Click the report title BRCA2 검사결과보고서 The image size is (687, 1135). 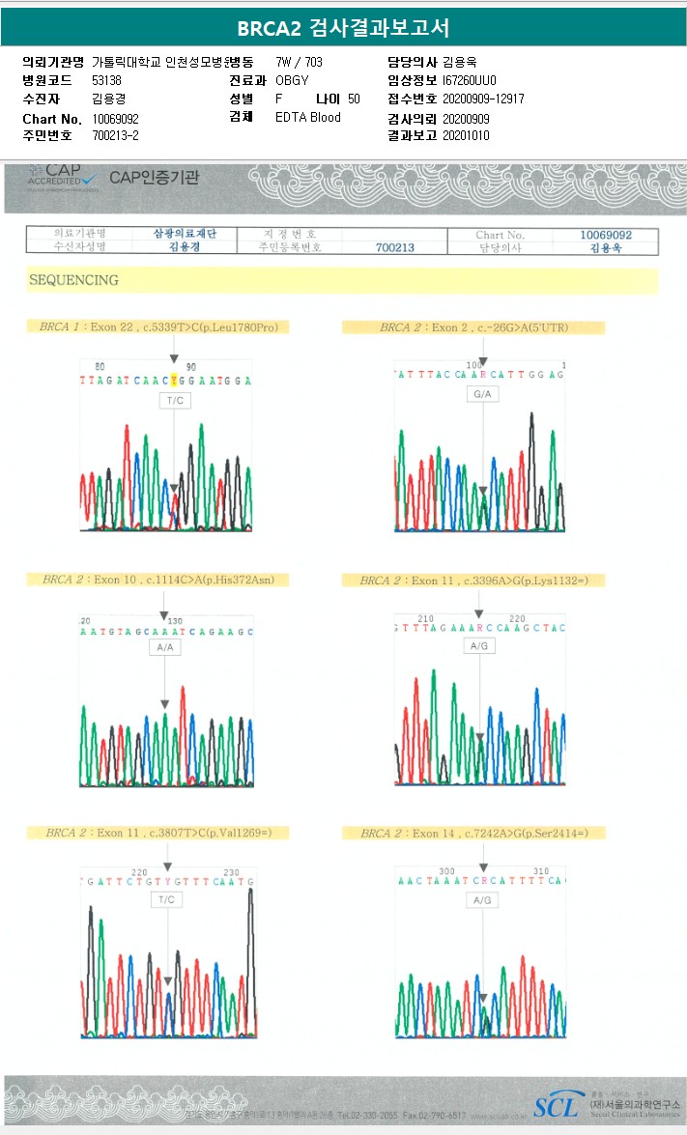343,28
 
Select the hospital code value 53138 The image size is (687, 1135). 106,80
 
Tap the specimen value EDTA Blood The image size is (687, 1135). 307,118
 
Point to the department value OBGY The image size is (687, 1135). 292,80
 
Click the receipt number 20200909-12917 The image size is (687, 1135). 483,99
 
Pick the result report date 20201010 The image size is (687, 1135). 466,136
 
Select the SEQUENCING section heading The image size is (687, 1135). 73,280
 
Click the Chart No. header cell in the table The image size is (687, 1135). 500,235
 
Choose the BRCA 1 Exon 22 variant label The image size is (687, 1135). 158,327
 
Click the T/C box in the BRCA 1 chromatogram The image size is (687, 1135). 175,401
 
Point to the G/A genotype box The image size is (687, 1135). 482,394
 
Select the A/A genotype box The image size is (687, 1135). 165,647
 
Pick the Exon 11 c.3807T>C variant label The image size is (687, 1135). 158,833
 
